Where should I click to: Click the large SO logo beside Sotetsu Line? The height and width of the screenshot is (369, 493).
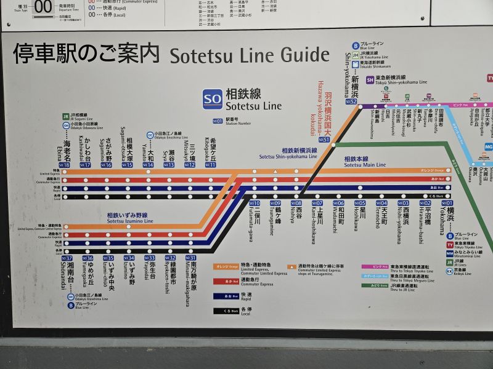coord(213,98)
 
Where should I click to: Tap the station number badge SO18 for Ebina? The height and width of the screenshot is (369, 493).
coord(65,165)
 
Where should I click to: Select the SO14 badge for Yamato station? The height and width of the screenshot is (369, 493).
coord(149,165)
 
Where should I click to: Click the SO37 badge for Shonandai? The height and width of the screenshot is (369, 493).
coord(67,258)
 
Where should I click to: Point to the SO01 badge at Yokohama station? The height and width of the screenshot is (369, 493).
coord(446,203)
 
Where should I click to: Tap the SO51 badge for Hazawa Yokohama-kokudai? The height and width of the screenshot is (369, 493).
coord(324,140)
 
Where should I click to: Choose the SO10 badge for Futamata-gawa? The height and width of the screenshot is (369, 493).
coord(255,203)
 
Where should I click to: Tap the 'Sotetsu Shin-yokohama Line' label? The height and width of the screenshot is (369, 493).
coord(288,154)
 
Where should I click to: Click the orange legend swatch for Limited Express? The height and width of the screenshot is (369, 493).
coord(222,266)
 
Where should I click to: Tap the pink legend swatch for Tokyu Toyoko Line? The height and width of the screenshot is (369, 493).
coord(380,266)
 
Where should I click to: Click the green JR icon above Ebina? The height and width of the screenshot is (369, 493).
coord(65,116)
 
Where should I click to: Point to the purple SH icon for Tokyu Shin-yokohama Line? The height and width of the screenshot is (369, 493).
coord(370,80)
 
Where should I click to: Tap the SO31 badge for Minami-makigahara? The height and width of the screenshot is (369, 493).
coord(192,258)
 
